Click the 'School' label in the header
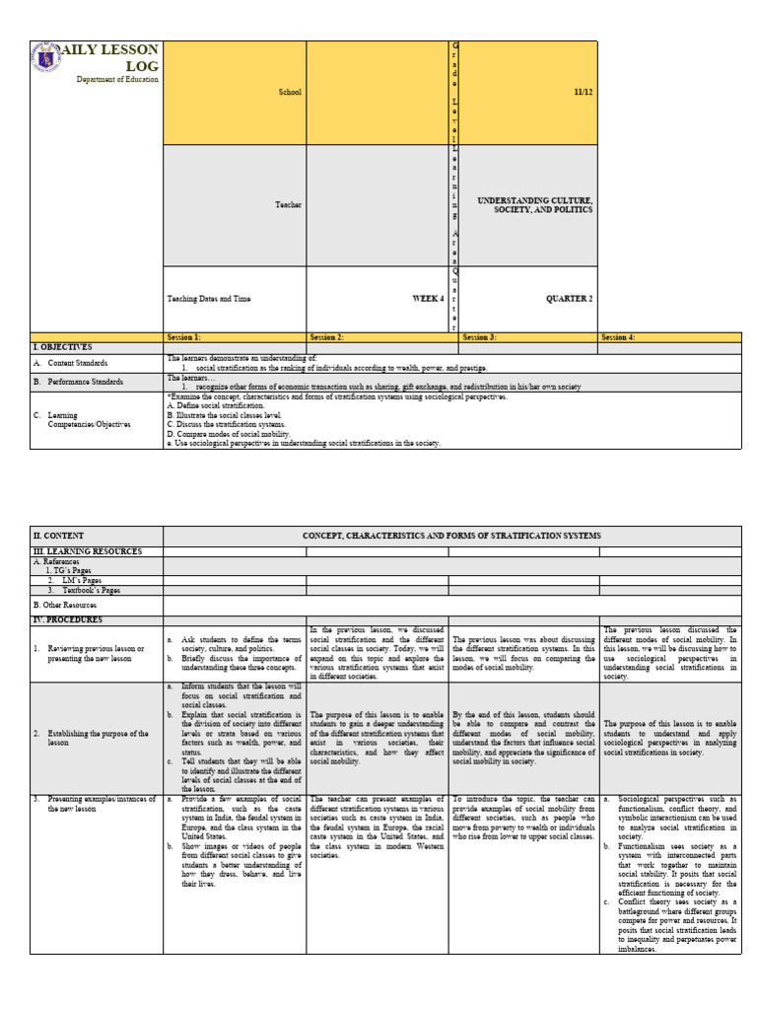pos(290,92)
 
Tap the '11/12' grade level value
pos(585,92)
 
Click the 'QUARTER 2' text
pos(571,299)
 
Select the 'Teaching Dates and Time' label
pos(209,299)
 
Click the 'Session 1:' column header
pos(184,337)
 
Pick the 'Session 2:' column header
pos(326,337)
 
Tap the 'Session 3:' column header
pos(480,337)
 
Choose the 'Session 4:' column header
pos(618,337)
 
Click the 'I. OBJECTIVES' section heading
pos(63,347)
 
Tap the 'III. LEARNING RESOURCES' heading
pos(88,551)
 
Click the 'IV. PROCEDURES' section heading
pos(69,618)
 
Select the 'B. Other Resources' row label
pos(65,604)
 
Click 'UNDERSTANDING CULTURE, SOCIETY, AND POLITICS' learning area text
pos(535,205)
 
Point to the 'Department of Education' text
pos(117,80)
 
